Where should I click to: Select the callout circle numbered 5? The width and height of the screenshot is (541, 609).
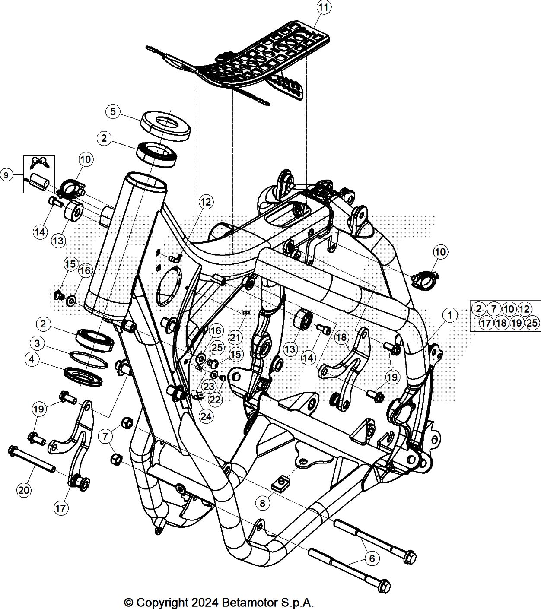click(x=113, y=112)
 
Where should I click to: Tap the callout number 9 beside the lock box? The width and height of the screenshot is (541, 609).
click(x=6, y=174)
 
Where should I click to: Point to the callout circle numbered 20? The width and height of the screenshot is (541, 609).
click(x=24, y=490)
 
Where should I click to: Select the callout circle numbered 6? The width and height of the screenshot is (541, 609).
click(x=372, y=558)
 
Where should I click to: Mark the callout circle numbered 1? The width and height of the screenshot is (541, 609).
click(x=449, y=315)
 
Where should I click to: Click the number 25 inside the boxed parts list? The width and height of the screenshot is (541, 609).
click(x=532, y=323)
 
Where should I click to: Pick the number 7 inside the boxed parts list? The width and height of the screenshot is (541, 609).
click(x=493, y=309)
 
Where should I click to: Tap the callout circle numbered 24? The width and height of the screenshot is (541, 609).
click(x=206, y=416)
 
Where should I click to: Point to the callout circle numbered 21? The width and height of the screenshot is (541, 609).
click(x=235, y=338)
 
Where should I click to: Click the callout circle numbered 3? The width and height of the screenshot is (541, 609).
click(x=37, y=343)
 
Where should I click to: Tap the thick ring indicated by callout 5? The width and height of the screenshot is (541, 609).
click(x=165, y=126)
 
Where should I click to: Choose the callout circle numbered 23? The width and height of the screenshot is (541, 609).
click(x=209, y=386)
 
